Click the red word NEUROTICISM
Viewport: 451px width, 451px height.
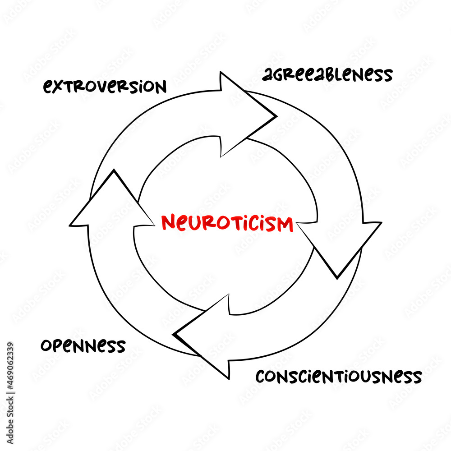click(x=227, y=223)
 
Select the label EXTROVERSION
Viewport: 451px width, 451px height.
click(x=105, y=86)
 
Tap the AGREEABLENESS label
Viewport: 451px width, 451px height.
click(x=327, y=75)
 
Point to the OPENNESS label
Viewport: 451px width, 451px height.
click(x=83, y=346)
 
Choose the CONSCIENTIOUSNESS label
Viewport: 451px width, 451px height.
click(x=338, y=376)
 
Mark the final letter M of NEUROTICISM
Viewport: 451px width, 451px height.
click(x=285, y=223)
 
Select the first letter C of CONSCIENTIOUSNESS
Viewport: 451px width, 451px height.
click(x=261, y=376)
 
